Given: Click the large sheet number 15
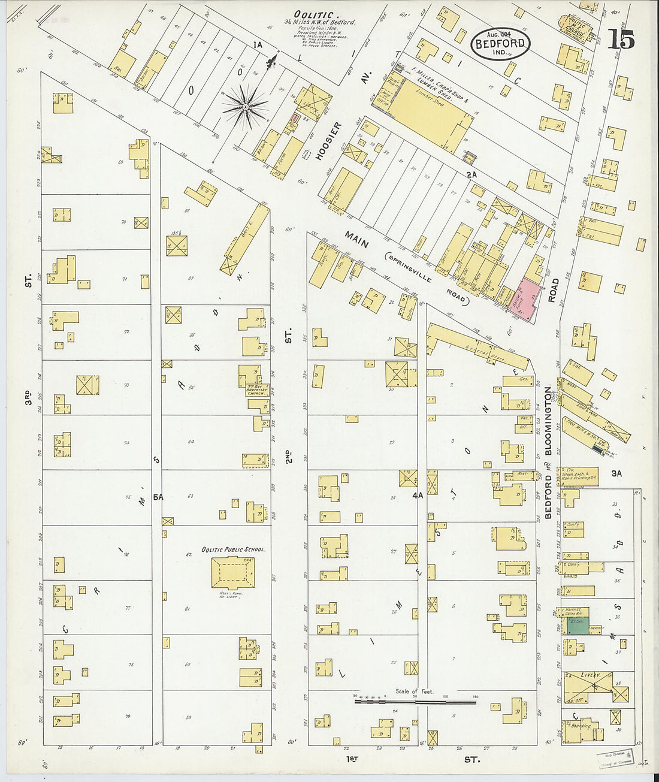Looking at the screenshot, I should pyautogui.click(x=621, y=39).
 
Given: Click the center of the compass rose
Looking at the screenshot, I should pyautogui.click(x=245, y=107).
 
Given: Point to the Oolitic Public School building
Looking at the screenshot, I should pyautogui.click(x=234, y=573).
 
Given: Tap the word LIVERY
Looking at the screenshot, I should pyautogui.click(x=590, y=675).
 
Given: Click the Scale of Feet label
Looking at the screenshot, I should pyautogui.click(x=413, y=691).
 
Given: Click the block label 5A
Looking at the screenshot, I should pyautogui.click(x=158, y=497).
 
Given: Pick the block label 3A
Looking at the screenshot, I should pyautogui.click(x=616, y=473).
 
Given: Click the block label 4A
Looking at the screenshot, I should pyautogui.click(x=418, y=496).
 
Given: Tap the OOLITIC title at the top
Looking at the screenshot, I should pyautogui.click(x=313, y=14).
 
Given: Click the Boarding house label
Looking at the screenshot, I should pyautogui.click(x=581, y=726).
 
